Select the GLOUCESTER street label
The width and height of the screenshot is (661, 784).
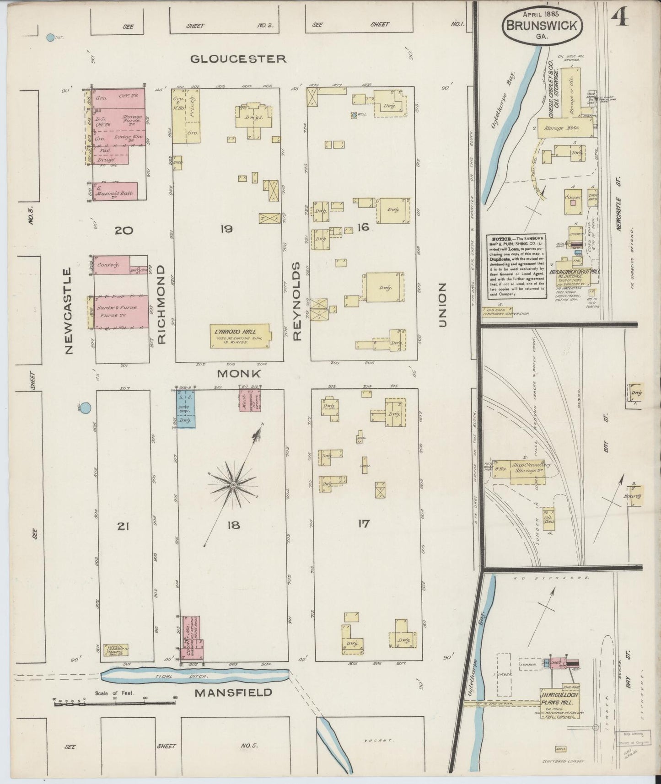tap(238, 59)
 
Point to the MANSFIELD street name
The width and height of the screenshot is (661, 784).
tap(233, 692)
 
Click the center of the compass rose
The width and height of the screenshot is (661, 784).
tap(233, 485)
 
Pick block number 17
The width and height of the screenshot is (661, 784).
tap(364, 524)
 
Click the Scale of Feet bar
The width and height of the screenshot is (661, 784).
tap(114, 703)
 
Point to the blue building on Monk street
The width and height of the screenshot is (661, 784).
tap(186, 408)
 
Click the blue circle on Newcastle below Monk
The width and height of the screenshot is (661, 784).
tap(86, 408)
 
